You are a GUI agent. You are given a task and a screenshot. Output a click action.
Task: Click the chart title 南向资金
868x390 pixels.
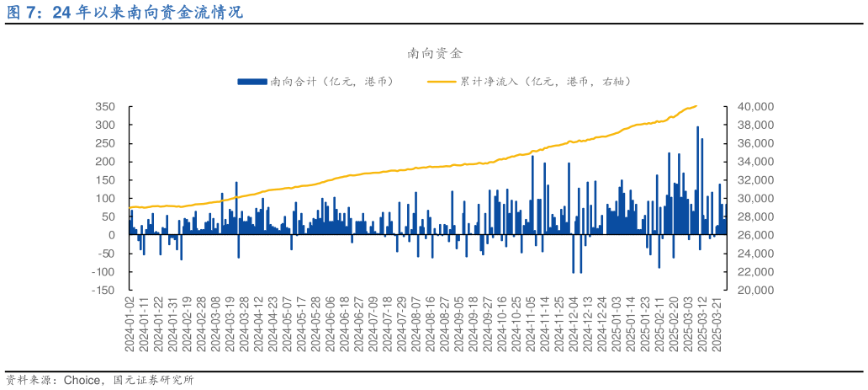click(x=434, y=54)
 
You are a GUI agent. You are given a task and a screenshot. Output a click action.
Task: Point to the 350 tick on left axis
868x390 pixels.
click(x=104, y=107)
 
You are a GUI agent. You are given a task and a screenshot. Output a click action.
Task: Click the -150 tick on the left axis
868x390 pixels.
click(x=103, y=290)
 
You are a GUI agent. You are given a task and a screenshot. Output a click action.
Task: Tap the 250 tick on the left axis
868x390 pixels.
click(x=104, y=143)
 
